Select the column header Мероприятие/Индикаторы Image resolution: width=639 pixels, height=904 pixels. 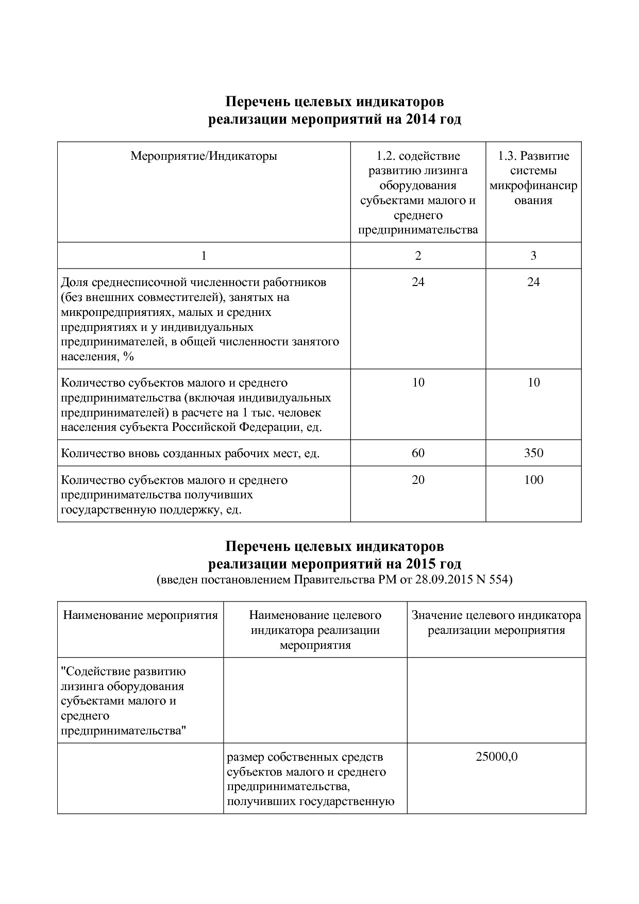[x=204, y=156]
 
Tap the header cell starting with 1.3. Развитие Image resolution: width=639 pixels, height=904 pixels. [x=533, y=178]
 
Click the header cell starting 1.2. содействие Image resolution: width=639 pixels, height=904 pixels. [x=418, y=192]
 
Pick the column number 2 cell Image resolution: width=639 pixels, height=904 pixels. [x=418, y=256]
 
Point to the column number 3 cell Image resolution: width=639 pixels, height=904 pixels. [x=533, y=256]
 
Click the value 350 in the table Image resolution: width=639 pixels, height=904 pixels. [x=533, y=453]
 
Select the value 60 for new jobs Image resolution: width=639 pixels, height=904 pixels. [x=418, y=453]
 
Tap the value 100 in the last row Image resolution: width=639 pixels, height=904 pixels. [x=533, y=480]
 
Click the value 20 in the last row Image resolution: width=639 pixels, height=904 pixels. [x=418, y=480]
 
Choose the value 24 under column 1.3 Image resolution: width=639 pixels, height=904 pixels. [x=533, y=282]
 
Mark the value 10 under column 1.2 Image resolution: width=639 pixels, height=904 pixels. [x=418, y=382]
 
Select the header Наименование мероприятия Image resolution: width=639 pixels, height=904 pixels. [x=140, y=615]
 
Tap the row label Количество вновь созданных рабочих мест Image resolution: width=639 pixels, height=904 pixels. [x=190, y=454]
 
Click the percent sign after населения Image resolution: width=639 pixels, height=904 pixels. [x=128, y=357]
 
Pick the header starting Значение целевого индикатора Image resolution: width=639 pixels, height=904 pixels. [x=496, y=623]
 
